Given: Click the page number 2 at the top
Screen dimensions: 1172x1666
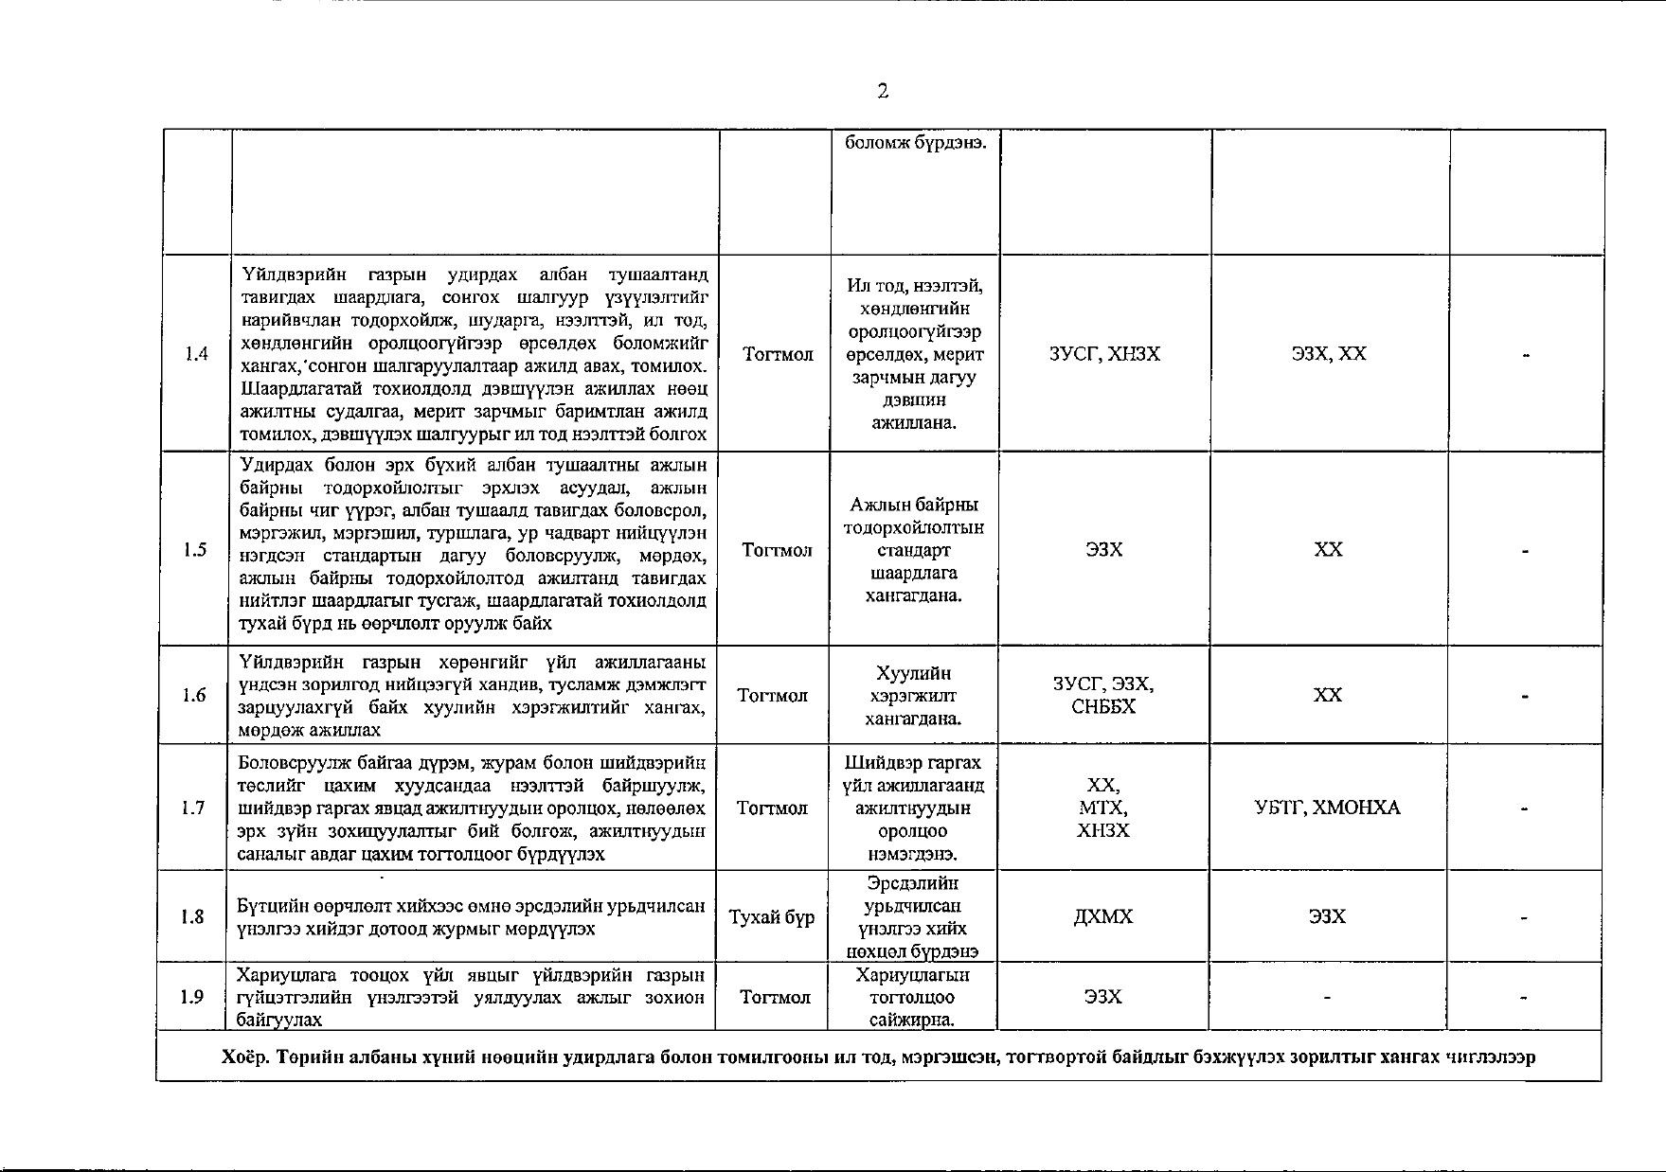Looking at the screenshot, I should pyautogui.click(x=883, y=92).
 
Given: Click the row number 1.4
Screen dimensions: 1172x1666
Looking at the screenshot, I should pyautogui.click(x=196, y=354).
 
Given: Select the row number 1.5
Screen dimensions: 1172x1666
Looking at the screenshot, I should pyautogui.click(x=195, y=550).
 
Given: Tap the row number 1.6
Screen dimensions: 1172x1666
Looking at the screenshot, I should pyautogui.click(x=194, y=696).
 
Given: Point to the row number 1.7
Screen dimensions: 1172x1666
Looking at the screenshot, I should pyautogui.click(x=193, y=808).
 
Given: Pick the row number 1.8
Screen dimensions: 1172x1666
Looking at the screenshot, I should pyautogui.click(x=192, y=916).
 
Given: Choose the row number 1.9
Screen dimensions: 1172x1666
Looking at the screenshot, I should pyautogui.click(x=192, y=997).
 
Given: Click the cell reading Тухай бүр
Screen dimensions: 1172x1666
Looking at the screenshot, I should pyautogui.click(x=772, y=917).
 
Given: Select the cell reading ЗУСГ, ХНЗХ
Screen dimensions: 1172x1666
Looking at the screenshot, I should pyautogui.click(x=1104, y=354).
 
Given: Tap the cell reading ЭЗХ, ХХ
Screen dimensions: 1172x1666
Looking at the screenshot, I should pyautogui.click(x=1329, y=354).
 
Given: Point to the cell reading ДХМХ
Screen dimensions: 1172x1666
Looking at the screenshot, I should pyautogui.click(x=1103, y=916).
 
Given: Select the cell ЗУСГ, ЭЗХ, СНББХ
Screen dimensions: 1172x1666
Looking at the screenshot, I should pyautogui.click(x=1103, y=696).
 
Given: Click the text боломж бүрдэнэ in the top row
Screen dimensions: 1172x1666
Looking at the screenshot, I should pyautogui.click(x=916, y=143).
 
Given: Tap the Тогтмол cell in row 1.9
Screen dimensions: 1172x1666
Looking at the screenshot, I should pyautogui.click(x=775, y=997).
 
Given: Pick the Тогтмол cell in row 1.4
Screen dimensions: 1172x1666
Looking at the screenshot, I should pyautogui.click(x=779, y=355).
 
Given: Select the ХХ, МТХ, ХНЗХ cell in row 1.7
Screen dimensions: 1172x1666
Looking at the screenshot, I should pyautogui.click(x=1103, y=808).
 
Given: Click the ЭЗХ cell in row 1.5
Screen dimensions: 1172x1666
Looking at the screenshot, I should pyautogui.click(x=1104, y=550).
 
